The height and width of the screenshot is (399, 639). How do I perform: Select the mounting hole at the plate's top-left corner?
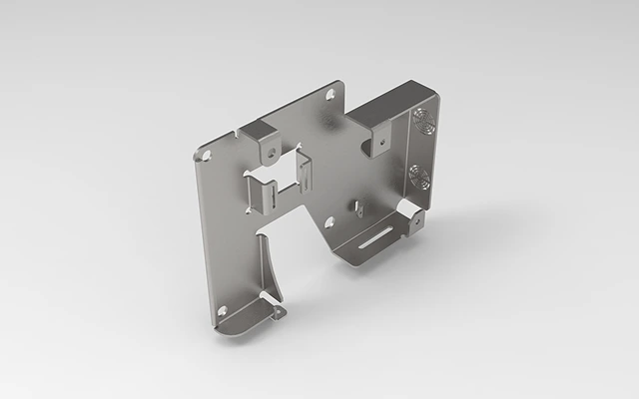(207, 157)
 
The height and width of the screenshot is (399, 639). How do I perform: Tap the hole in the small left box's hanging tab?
(269, 152)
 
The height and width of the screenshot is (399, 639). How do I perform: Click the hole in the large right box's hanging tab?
(380, 146)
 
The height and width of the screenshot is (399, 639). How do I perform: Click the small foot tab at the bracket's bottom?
(277, 312)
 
